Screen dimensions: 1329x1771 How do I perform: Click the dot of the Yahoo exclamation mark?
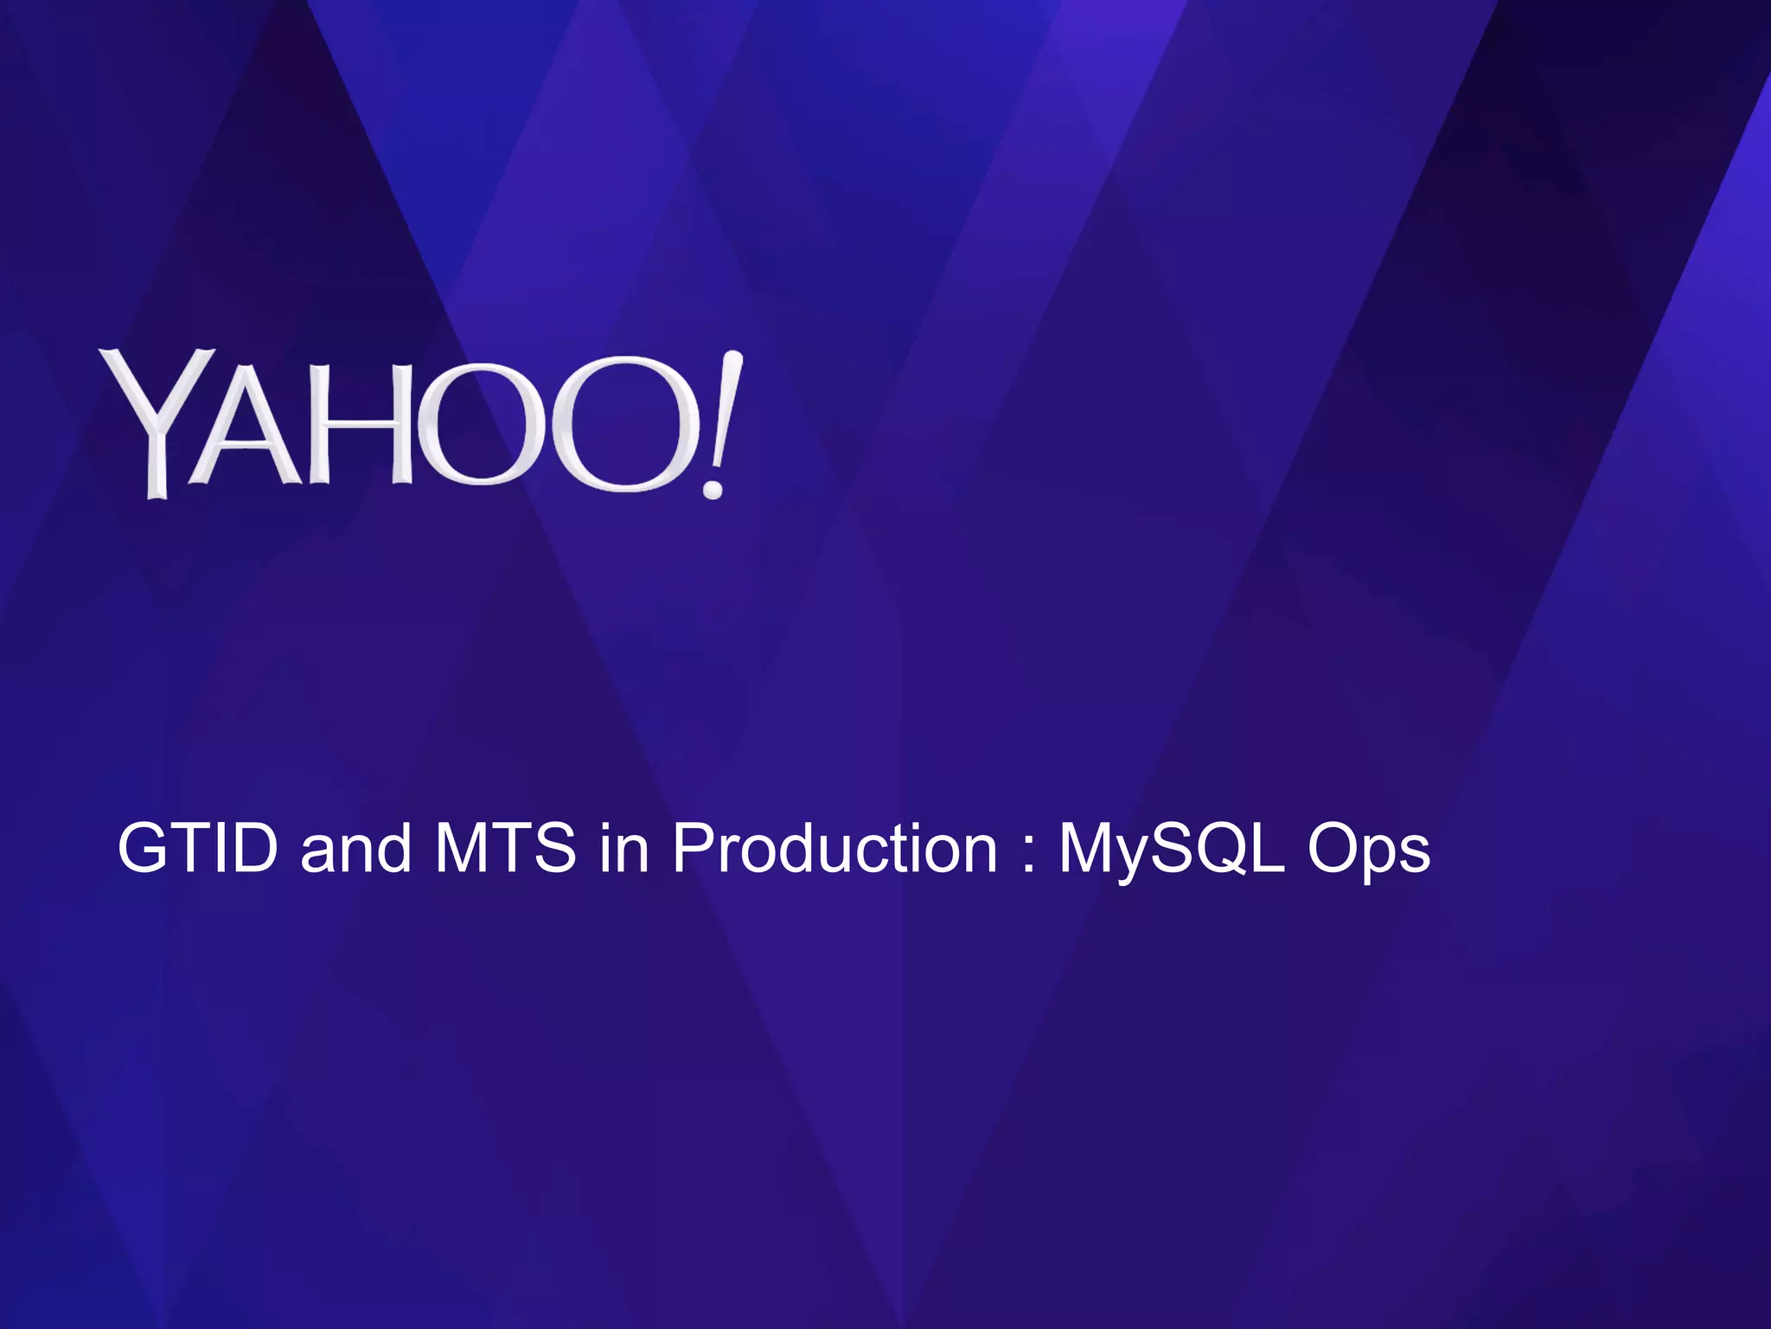(713, 490)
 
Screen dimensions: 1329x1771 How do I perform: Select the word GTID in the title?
(197, 850)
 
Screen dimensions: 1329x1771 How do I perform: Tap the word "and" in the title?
(355, 850)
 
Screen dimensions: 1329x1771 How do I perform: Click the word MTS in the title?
(505, 850)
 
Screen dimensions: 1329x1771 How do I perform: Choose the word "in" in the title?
(623, 850)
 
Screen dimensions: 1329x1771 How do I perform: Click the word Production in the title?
(835, 850)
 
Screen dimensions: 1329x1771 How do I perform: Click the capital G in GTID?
(143, 850)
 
